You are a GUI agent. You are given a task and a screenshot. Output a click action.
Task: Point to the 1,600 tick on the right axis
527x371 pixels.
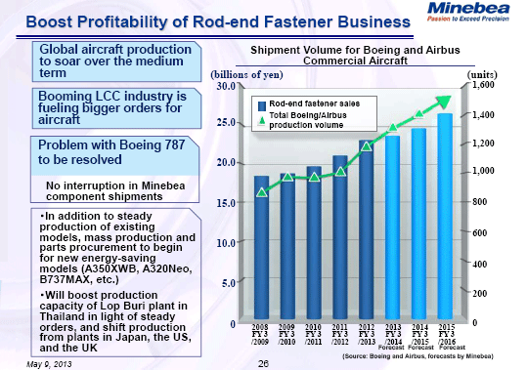coord(484,86)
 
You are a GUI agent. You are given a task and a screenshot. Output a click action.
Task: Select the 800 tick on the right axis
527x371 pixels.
coord(480,202)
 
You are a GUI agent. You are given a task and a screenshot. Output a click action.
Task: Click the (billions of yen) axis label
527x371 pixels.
coord(240,74)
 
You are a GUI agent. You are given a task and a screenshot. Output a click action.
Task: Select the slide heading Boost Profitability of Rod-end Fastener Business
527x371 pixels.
coord(191,19)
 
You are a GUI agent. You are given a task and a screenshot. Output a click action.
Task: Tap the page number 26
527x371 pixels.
coord(262,363)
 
